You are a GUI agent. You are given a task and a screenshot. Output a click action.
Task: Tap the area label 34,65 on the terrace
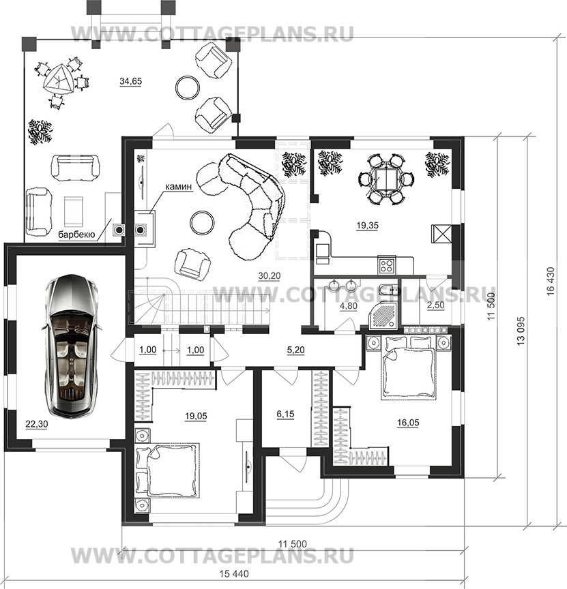[130, 80]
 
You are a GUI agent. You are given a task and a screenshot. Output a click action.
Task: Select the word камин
[178, 187]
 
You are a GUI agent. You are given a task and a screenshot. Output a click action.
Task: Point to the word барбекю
[76, 235]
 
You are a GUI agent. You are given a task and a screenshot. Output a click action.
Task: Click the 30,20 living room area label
[270, 275]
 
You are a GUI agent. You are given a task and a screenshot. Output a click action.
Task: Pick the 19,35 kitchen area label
[367, 226]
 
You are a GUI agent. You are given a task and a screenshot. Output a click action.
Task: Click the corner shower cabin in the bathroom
[384, 314]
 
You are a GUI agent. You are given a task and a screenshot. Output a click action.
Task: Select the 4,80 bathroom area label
[348, 306]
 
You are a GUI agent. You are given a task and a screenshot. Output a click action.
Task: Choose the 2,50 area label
[435, 305]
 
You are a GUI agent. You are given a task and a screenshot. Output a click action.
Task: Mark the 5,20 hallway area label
[296, 350]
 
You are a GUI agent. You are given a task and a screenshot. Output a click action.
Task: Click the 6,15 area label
[285, 414]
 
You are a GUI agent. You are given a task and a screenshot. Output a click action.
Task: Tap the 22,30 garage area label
[36, 424]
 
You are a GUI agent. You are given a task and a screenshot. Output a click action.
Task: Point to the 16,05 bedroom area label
[408, 423]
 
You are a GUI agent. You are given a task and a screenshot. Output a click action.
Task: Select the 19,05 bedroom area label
[196, 416]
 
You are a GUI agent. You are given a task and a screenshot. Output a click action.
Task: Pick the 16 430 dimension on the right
[551, 281]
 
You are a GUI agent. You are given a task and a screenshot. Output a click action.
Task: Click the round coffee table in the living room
[202, 222]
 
